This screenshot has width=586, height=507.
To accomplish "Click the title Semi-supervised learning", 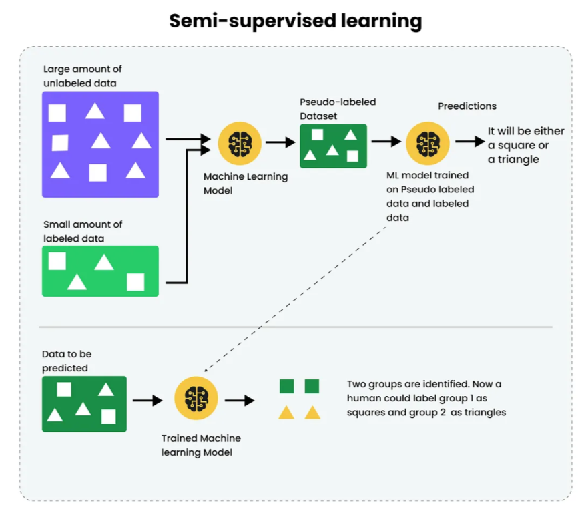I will (295, 21).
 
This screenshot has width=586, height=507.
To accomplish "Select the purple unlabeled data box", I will (100, 144).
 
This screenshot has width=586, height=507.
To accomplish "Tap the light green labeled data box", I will (100, 271).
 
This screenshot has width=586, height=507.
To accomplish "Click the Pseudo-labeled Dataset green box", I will (333, 145).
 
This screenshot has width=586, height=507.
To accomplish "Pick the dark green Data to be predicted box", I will (83, 403).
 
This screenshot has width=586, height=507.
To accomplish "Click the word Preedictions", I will (467, 106).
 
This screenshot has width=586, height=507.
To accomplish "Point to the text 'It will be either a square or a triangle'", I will (526, 145).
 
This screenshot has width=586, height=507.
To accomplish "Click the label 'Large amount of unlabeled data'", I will (83, 76).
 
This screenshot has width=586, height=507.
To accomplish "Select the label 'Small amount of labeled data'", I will (83, 231).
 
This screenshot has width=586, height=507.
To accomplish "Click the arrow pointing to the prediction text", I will (469, 142).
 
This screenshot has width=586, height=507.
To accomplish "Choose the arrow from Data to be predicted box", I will (148, 400).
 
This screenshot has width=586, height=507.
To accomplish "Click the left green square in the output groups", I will (286, 386).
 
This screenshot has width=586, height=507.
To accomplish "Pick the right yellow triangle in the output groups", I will (312, 413).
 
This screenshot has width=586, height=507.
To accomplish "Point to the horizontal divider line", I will (296, 327).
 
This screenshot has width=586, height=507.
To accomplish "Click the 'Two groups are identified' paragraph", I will (426, 399).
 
